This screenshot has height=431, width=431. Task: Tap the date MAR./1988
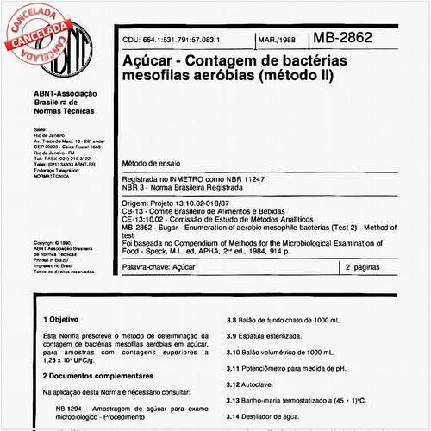pos(277,40)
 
